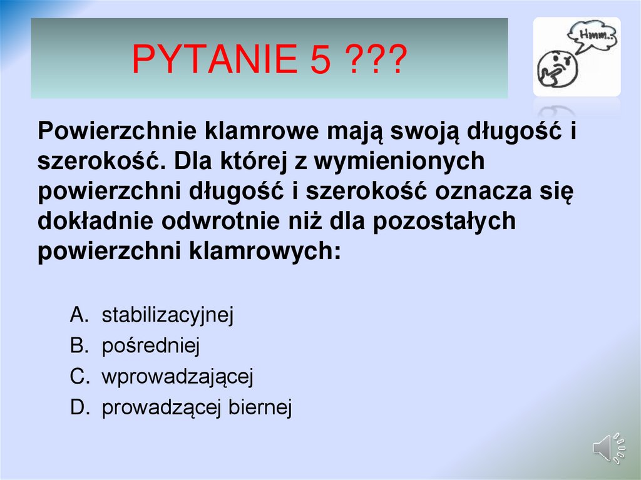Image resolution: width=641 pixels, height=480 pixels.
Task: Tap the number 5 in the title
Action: click(319, 60)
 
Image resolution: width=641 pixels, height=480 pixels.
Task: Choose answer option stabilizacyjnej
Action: click(167, 315)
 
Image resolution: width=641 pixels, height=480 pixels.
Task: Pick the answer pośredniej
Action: click(150, 346)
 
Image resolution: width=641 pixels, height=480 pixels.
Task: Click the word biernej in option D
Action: click(260, 407)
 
